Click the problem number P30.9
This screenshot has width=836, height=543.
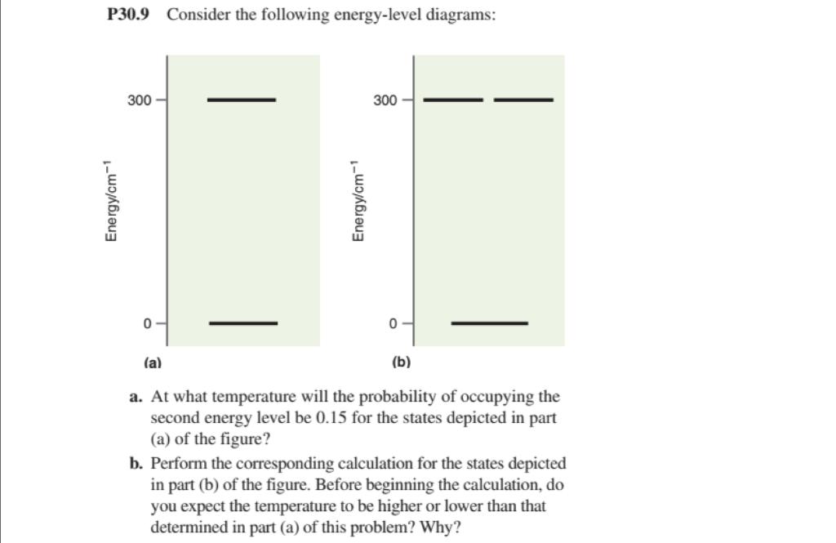pos(128,16)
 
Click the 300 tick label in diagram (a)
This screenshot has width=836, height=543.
pos(139,100)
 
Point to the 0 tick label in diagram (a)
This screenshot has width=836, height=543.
pos(148,323)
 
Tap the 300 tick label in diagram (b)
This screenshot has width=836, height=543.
pos(385,100)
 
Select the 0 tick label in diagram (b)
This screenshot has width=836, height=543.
pos(394,323)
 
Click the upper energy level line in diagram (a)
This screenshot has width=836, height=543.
pos(242,100)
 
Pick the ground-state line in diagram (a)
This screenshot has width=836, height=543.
pos(243,323)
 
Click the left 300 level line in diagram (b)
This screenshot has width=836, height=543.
pos(454,100)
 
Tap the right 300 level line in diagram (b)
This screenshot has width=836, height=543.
pos(523,100)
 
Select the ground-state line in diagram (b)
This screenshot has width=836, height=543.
pos(489,323)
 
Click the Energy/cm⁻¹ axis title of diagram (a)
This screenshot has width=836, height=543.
pos(111,200)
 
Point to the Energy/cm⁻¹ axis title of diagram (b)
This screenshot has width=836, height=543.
pos(357,200)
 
